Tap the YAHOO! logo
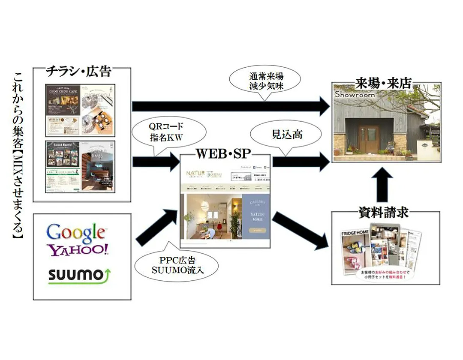(x=79, y=250)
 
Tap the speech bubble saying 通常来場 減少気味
(x=266, y=81)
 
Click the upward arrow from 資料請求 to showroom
(x=385, y=183)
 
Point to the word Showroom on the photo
(x=355, y=94)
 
